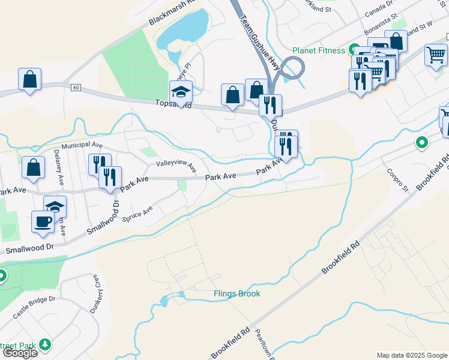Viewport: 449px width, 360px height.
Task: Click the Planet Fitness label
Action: point(318,50)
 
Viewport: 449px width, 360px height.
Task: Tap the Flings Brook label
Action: point(237,293)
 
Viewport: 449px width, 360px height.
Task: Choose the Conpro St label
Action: point(397,179)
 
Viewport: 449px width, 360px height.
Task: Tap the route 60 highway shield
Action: point(74,88)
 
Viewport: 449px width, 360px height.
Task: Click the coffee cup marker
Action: point(43,221)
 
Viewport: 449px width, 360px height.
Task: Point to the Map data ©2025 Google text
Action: point(412,355)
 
